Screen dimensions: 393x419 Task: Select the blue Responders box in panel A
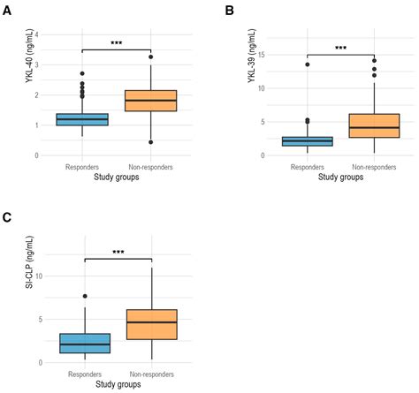pyautogui.click(x=81, y=119)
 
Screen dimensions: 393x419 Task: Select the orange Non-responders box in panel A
pyautogui.click(x=151, y=100)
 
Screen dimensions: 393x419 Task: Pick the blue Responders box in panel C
pyautogui.click(x=85, y=343)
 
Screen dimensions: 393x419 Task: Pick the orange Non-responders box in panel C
pyautogui.click(x=152, y=324)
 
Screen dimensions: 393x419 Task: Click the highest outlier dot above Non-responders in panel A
pyautogui.click(x=151, y=57)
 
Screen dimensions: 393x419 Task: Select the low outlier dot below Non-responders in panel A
pyautogui.click(x=151, y=141)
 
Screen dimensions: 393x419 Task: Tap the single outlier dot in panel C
pyautogui.click(x=85, y=296)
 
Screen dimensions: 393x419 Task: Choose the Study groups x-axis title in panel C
pyautogui.click(x=118, y=385)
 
